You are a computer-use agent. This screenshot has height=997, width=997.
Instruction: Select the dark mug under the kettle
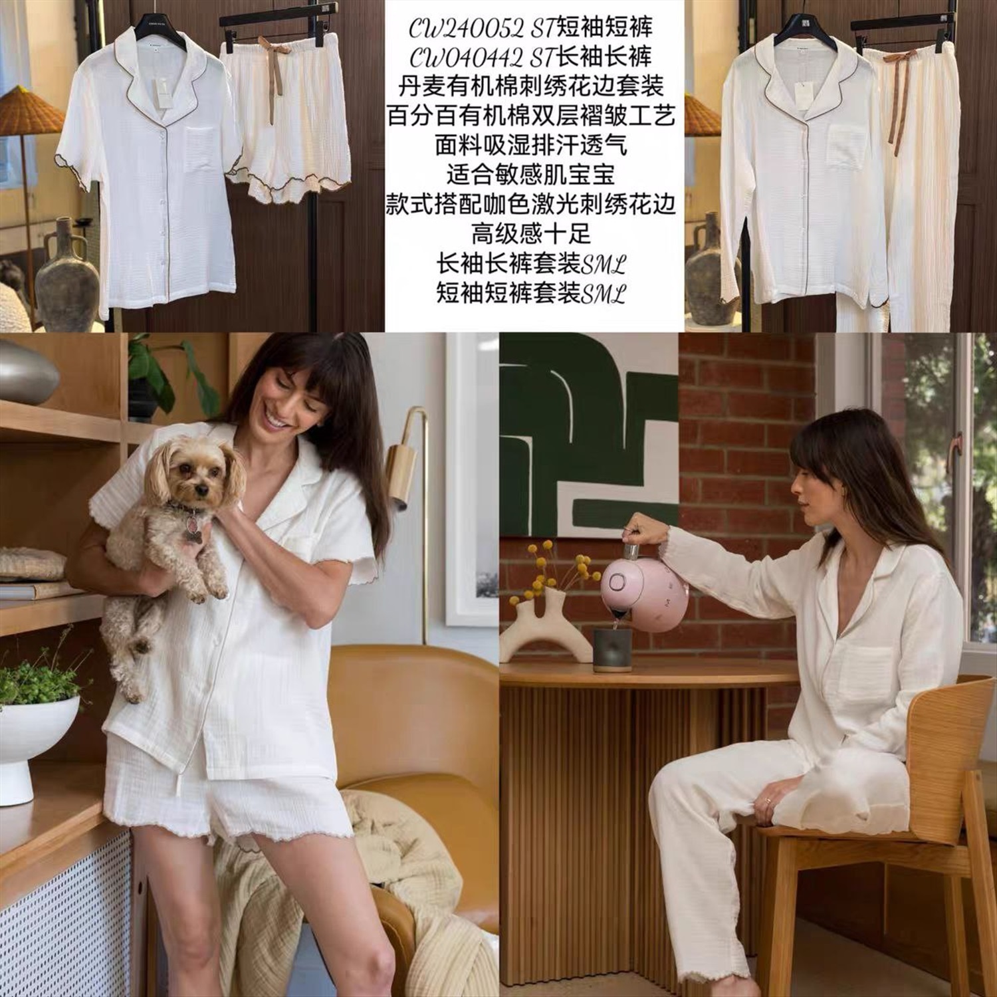(612, 649)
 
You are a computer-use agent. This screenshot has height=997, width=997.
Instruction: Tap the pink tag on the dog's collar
(195, 529)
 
